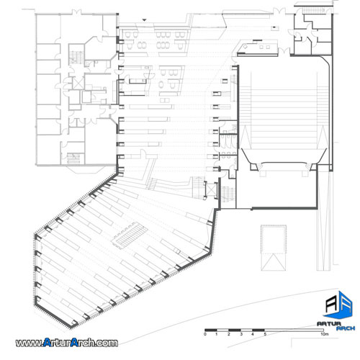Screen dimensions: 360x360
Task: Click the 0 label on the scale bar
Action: click(205, 334)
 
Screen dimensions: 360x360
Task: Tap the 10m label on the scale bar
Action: click(324, 334)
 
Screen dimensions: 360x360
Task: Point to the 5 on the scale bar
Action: click(265, 334)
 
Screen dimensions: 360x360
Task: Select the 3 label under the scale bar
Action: click(241, 334)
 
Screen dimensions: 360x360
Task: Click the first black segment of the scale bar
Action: click(211, 330)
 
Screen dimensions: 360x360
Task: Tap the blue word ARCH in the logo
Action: click(346, 328)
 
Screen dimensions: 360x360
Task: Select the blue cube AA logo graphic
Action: click(338, 305)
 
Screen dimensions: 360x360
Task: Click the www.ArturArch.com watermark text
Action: click(67, 343)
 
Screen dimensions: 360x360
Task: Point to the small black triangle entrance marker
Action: click(144, 20)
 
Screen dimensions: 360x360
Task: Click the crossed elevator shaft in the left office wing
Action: click(78, 84)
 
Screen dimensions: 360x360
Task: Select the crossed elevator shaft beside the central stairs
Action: click(211, 189)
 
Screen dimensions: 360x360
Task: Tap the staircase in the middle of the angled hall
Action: click(130, 235)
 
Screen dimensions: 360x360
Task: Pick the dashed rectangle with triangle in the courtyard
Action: click(274, 248)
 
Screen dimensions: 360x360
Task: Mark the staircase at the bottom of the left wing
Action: click(73, 158)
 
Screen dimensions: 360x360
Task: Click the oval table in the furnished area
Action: click(161, 84)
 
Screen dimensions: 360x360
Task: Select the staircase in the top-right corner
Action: click(311, 10)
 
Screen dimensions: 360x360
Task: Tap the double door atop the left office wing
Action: click(76, 12)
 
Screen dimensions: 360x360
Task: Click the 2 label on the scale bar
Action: click(229, 334)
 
